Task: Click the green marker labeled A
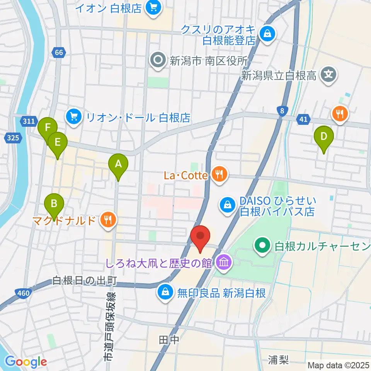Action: click(118, 164)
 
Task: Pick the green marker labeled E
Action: click(57, 143)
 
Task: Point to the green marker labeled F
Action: click(48, 128)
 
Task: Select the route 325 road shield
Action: click(12, 137)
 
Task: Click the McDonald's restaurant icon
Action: click(106, 220)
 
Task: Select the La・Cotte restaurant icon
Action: click(219, 175)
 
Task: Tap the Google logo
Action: click(26, 362)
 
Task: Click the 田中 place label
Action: click(169, 340)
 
